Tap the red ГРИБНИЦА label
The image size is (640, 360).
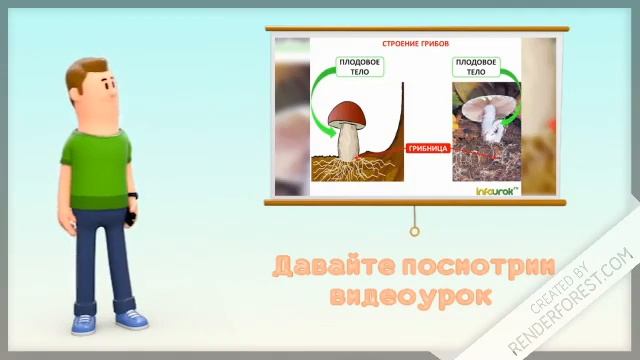(426, 148)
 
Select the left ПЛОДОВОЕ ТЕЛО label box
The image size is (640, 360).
(360, 67)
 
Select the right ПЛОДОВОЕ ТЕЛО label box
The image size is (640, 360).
(476, 67)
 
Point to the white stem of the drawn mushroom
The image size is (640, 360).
(349, 142)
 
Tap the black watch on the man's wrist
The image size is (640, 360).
(132, 196)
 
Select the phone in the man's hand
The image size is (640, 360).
(130, 214)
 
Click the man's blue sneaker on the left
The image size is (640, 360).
(83, 324)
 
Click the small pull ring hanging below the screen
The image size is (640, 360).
(414, 231)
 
